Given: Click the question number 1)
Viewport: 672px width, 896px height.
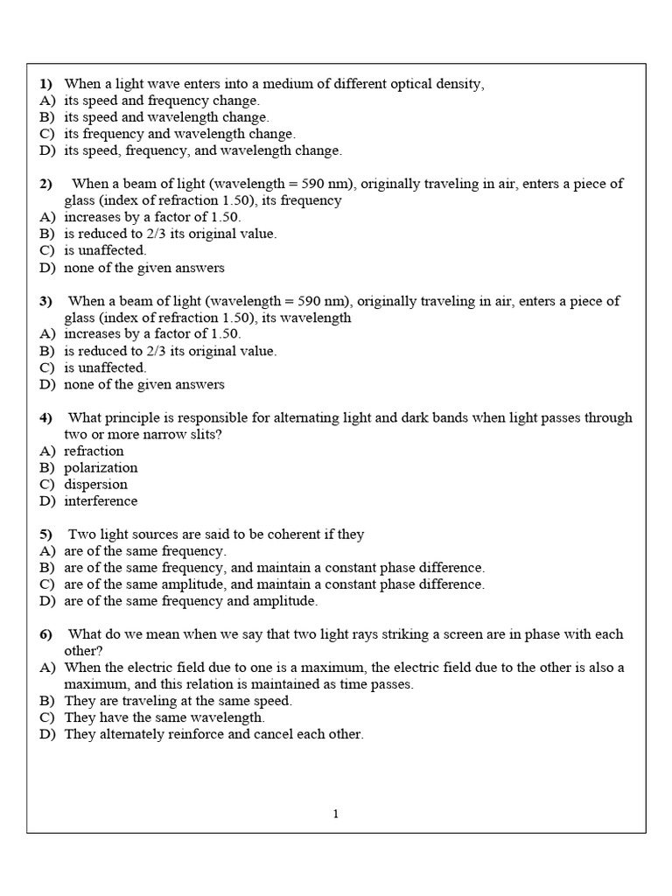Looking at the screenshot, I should (46, 84).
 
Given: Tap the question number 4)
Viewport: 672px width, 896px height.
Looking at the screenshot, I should (46, 418).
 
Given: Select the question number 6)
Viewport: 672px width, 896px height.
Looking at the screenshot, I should (46, 634).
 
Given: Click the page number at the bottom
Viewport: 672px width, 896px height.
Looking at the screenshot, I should (336, 815).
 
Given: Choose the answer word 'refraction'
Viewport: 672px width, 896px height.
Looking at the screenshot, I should (94, 451).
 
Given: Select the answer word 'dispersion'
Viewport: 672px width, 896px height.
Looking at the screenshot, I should (95, 485).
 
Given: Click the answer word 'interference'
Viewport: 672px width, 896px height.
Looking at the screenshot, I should (101, 501).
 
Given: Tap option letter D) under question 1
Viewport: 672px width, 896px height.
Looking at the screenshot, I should (47, 150).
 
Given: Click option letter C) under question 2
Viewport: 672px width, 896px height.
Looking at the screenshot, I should (47, 251).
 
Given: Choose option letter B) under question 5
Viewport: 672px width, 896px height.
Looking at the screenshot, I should (47, 568).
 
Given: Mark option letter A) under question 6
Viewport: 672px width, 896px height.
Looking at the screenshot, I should (47, 668).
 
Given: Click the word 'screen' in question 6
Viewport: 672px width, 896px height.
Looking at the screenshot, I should (452, 634).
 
